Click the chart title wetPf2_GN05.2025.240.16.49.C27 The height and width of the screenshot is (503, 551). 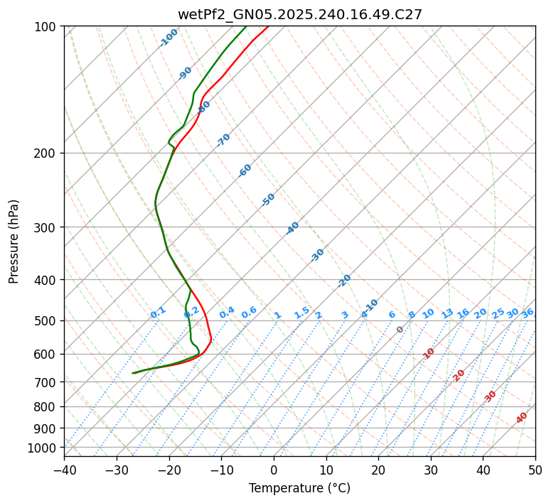tap(299, 14)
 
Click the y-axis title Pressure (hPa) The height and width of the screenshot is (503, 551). tap(14, 242)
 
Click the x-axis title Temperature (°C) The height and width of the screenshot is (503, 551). tap(299, 489)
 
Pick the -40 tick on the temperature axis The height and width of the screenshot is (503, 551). tap(64, 470)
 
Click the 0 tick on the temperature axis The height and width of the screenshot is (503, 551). tap(274, 470)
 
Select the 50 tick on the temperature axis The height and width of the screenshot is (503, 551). tap(535, 470)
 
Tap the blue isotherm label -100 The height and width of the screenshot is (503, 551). tap(168, 38)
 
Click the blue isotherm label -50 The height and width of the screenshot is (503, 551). tap(268, 200)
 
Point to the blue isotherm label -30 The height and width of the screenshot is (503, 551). tap(317, 255)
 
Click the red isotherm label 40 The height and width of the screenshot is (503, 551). tap(522, 418)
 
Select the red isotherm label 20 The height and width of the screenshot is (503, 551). tap(459, 374)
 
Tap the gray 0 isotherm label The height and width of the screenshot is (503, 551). tap(400, 330)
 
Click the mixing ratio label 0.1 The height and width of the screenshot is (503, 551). tap(158, 313)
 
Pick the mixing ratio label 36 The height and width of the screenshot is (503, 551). tap(528, 313)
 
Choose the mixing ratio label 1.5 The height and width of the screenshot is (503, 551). tap(302, 312)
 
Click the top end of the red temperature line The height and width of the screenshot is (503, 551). tap(268, 26)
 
